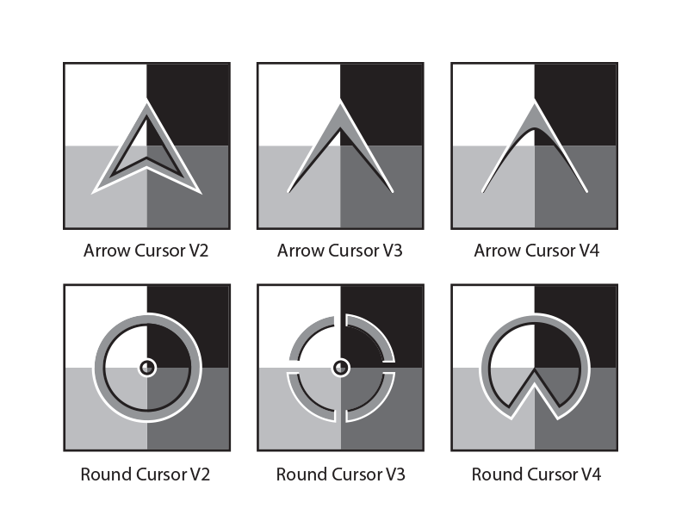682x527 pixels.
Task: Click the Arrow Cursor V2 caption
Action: tap(146, 251)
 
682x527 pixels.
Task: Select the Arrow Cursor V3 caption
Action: tap(339, 251)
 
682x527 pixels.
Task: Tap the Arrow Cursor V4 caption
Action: tap(536, 251)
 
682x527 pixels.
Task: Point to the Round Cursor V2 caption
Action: tap(146, 474)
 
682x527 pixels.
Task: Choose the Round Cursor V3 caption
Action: tap(340, 474)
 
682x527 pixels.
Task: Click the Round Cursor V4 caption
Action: tap(536, 474)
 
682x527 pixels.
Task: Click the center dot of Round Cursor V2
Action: tap(147, 368)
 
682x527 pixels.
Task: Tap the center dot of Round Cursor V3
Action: tap(341, 368)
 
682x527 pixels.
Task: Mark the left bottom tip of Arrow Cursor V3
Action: tap(288, 192)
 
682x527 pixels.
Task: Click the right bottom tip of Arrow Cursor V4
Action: tap(586, 191)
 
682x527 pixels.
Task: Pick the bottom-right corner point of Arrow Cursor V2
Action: tap(201, 193)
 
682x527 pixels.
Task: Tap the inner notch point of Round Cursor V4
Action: tap(535, 369)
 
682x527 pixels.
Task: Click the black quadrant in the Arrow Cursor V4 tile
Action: tap(575, 104)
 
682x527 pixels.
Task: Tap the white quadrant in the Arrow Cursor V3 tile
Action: tap(300, 104)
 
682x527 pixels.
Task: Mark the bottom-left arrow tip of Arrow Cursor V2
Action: tap(93, 193)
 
